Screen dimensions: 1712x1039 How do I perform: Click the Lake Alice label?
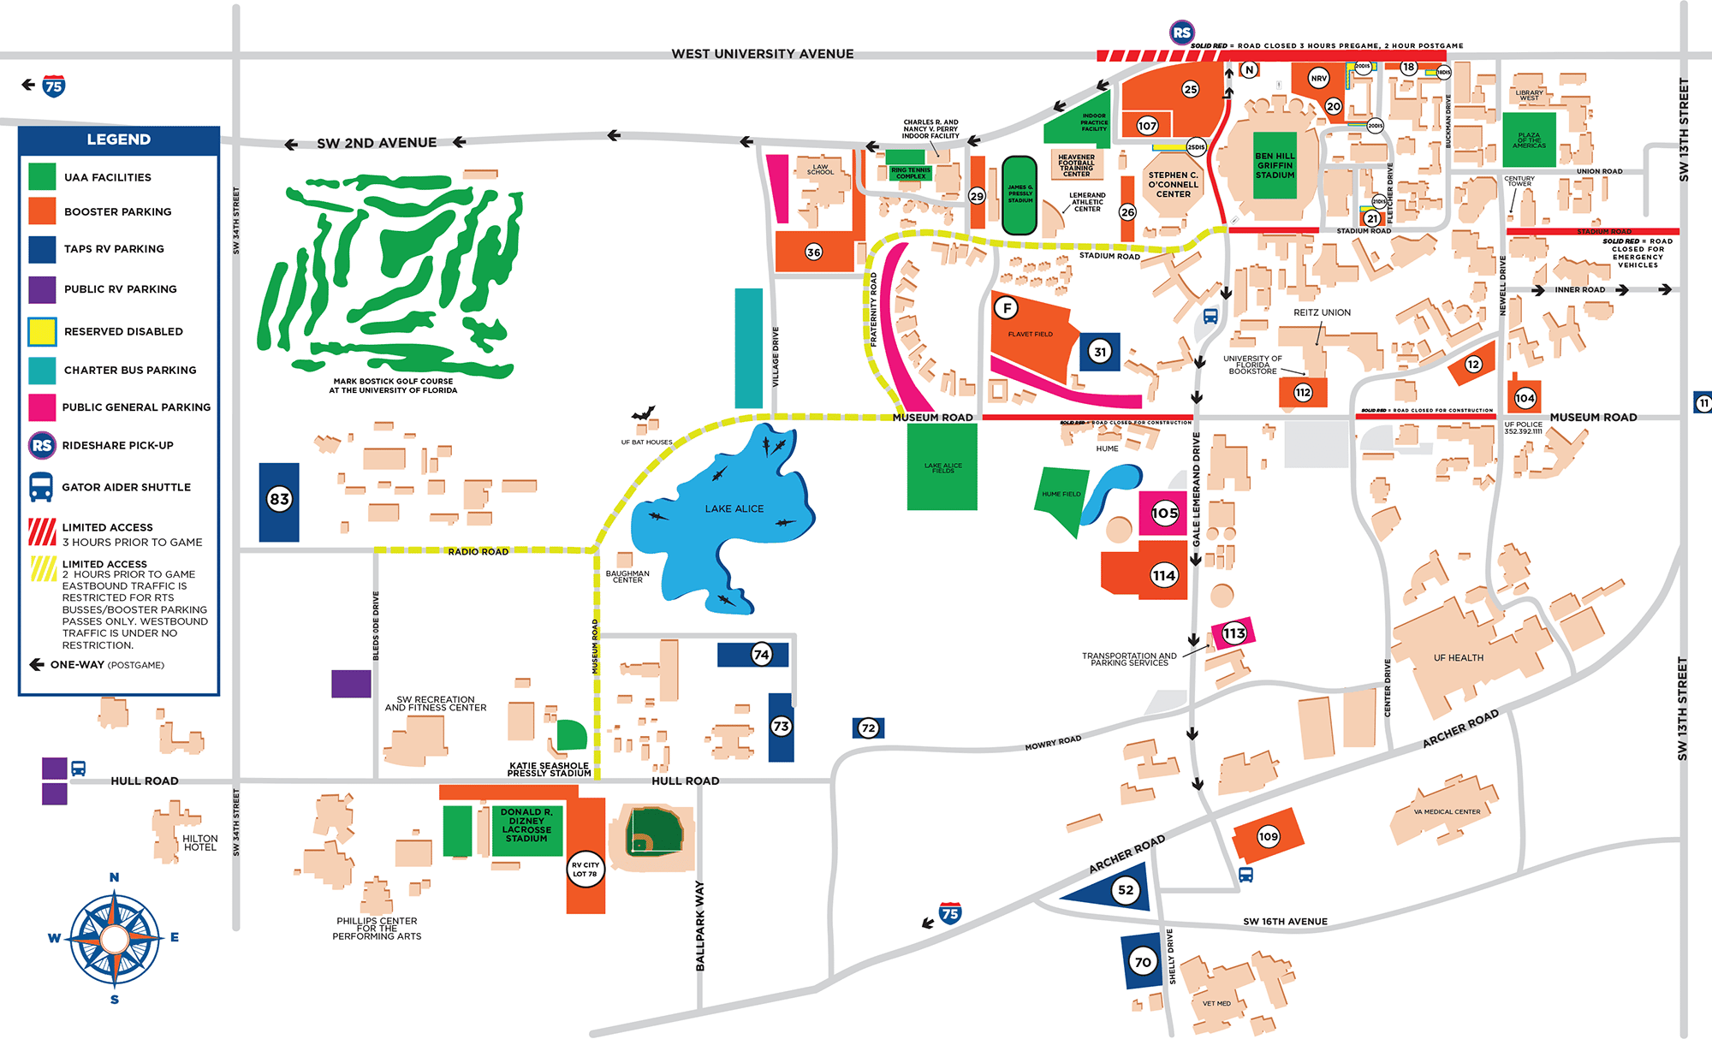coord(734,508)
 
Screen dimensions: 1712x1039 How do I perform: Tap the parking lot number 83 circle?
coord(279,499)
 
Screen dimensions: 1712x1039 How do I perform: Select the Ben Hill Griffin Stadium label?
coord(1275,165)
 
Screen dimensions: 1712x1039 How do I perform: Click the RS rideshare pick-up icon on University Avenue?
coord(1181,33)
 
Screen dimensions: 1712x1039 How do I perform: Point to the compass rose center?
coord(115,939)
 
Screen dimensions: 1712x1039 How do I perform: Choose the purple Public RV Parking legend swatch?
coord(42,289)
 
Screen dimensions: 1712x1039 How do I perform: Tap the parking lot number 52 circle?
coord(1126,890)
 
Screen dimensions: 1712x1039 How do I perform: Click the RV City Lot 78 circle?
coord(586,870)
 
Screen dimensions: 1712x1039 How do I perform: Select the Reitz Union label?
coord(1322,312)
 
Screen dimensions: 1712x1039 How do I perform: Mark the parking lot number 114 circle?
coord(1163,575)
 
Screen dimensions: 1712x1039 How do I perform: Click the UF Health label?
coord(1459,658)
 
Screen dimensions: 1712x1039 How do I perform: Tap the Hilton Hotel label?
coord(199,843)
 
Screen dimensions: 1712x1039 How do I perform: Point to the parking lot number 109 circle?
coord(1268,836)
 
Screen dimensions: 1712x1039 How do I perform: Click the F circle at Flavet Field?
coord(1007,307)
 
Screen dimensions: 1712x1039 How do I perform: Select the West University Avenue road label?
coord(762,54)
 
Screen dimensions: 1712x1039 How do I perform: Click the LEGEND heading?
coord(118,140)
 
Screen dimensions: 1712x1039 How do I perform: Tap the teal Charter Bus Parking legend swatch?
coord(42,370)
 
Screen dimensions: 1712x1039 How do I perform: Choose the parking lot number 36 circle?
coord(813,252)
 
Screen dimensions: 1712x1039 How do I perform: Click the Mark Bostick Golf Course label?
coord(393,386)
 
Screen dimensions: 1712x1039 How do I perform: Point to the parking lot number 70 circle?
coord(1143,962)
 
